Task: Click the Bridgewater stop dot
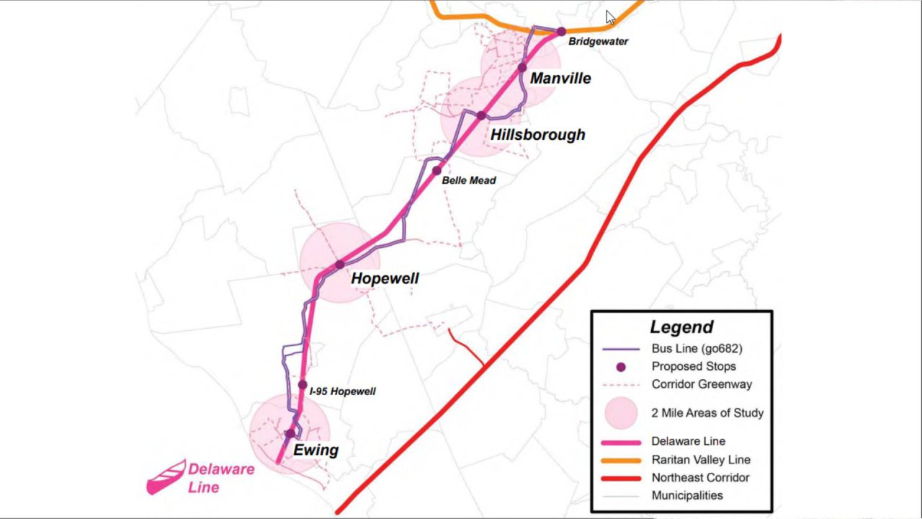coord(561,32)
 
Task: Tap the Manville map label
coord(560,78)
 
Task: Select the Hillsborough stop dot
coord(480,115)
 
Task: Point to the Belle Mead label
coord(468,180)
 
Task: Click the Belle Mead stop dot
coord(437,171)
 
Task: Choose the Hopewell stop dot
coord(340,265)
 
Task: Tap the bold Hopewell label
coord(385,278)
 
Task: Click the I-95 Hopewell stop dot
coord(303,385)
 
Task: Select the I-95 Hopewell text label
coord(342,391)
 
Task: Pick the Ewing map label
coord(315,451)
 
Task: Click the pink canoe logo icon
coord(166,477)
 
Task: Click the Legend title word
coord(681,327)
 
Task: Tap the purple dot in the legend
coord(621,367)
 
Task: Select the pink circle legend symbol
coord(621,413)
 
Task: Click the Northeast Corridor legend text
coord(700,478)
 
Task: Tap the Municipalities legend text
coord(687,495)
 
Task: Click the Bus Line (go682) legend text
coord(697,348)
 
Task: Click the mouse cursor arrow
coord(610,17)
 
